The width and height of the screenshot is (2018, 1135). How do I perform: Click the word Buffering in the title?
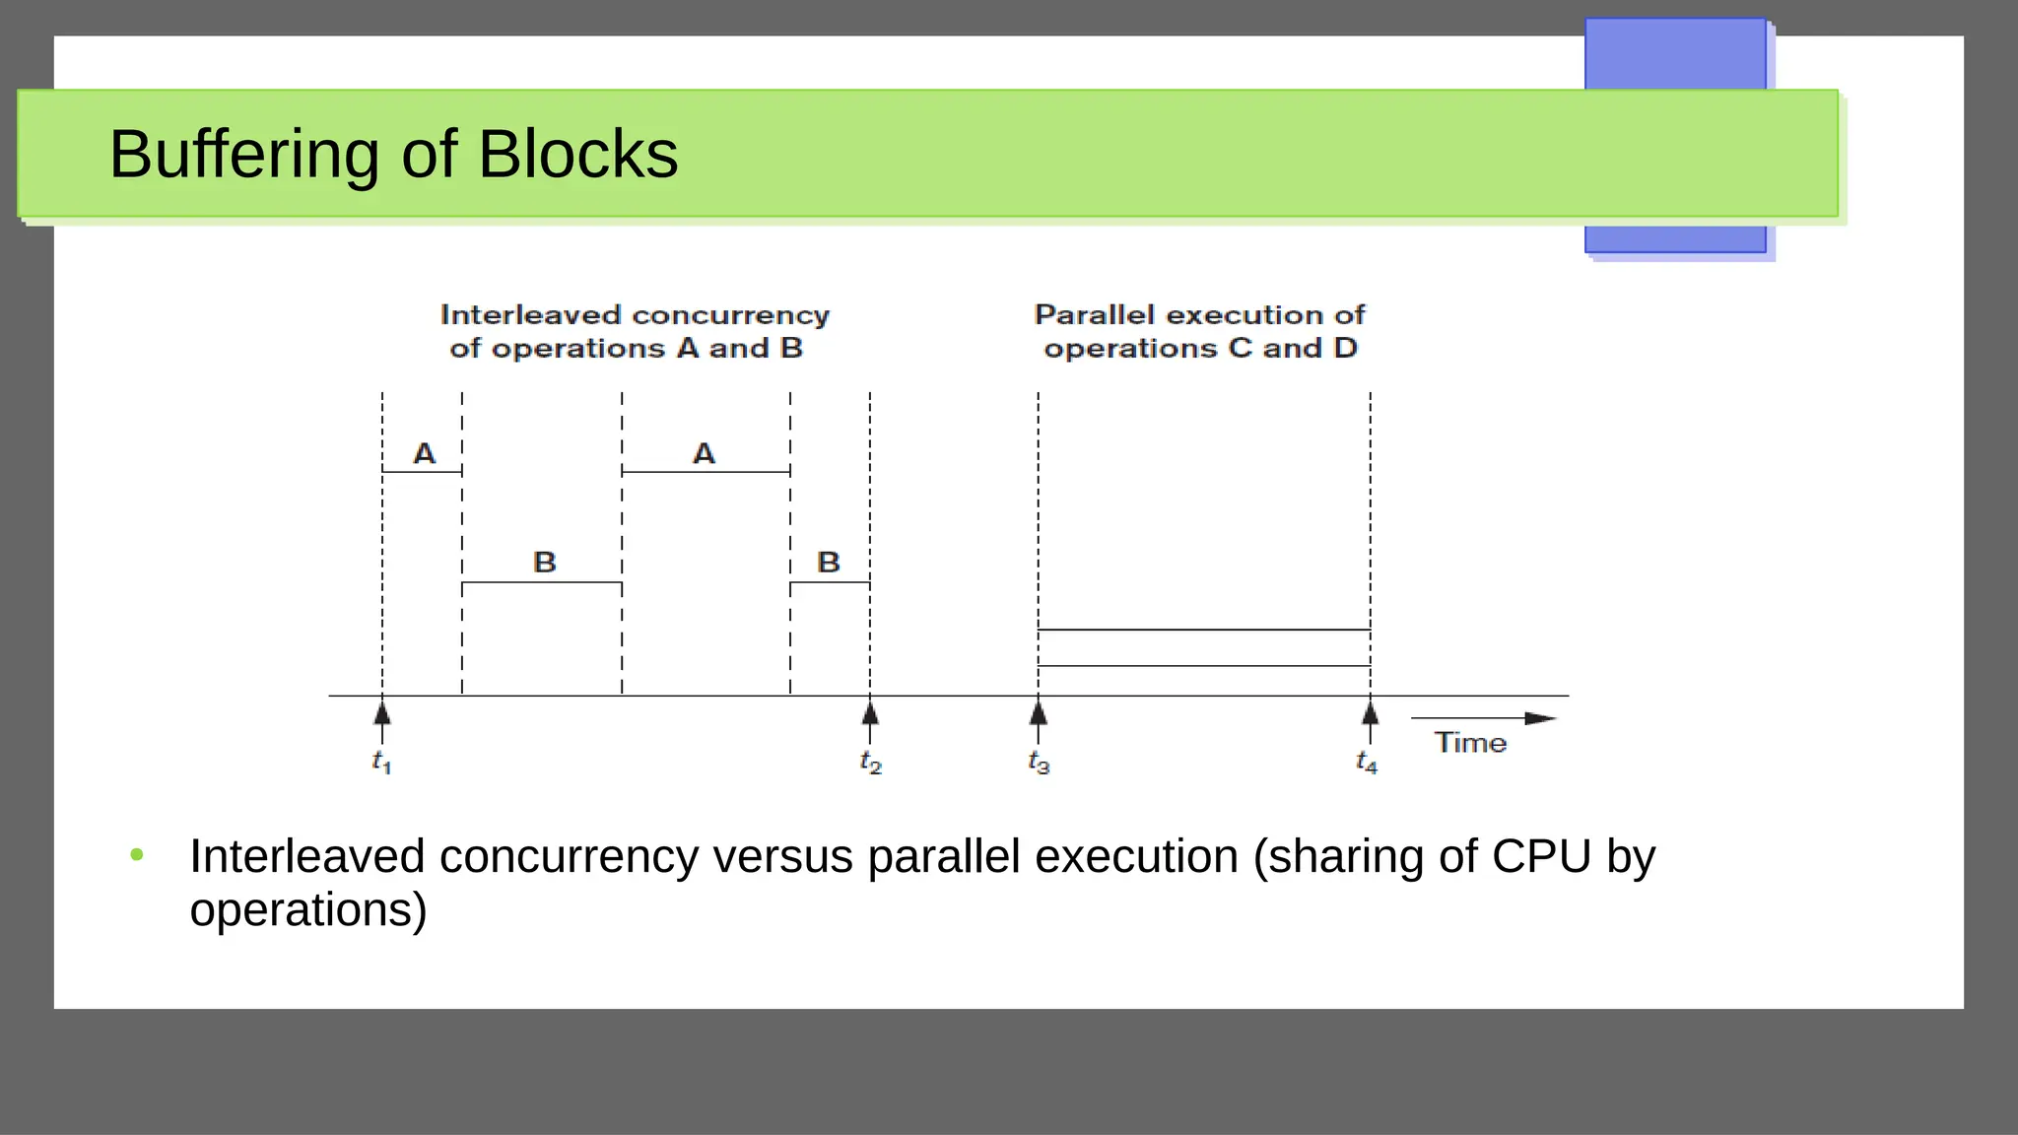point(242,155)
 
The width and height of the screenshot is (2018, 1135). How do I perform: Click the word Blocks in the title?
point(578,155)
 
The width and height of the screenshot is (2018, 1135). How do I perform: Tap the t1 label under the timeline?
point(382,762)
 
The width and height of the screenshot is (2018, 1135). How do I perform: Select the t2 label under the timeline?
point(870,762)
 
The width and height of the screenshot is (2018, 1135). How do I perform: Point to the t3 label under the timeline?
point(1039,762)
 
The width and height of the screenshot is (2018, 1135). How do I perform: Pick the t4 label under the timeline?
point(1367,762)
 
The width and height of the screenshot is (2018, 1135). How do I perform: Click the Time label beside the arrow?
point(1470,743)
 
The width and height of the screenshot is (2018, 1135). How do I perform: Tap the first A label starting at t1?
point(424,453)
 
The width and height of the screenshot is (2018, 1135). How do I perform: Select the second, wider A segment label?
point(704,453)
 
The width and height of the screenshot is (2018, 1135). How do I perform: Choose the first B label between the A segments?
point(544,563)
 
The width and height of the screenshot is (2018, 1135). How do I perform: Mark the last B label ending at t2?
point(829,563)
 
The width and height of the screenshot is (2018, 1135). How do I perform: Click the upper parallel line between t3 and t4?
point(1203,630)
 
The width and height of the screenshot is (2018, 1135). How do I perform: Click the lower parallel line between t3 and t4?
point(1203,666)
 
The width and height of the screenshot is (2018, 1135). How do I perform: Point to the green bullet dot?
point(137,855)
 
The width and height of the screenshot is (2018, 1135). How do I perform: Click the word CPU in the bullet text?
point(1541,856)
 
